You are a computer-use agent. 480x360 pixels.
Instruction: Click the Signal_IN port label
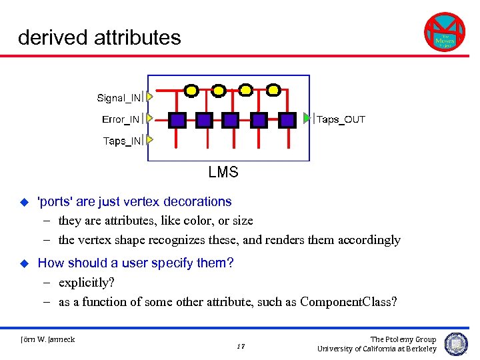[119, 98]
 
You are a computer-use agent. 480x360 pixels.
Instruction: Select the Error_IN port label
[121, 119]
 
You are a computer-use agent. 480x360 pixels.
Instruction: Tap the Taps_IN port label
[122, 141]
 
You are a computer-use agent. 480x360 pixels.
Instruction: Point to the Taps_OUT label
[341, 119]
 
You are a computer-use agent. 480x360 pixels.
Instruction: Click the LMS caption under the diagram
[223, 172]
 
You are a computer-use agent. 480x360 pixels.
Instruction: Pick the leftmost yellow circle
[191, 89]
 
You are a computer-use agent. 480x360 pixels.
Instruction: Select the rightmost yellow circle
[273, 89]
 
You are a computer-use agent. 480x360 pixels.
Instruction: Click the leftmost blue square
[177, 120]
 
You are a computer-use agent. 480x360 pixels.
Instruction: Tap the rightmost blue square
[287, 120]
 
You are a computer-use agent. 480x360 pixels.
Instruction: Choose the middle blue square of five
[231, 120]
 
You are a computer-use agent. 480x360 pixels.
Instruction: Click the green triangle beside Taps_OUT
[307, 118]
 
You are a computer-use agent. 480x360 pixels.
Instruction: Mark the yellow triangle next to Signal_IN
[150, 97]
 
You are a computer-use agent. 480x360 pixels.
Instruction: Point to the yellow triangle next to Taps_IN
[150, 140]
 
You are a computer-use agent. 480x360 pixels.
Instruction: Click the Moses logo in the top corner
[444, 33]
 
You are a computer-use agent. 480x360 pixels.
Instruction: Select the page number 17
[241, 346]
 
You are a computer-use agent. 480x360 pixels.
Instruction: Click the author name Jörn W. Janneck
[47, 339]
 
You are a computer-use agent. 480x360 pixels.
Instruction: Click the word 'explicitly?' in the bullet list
[87, 282]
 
